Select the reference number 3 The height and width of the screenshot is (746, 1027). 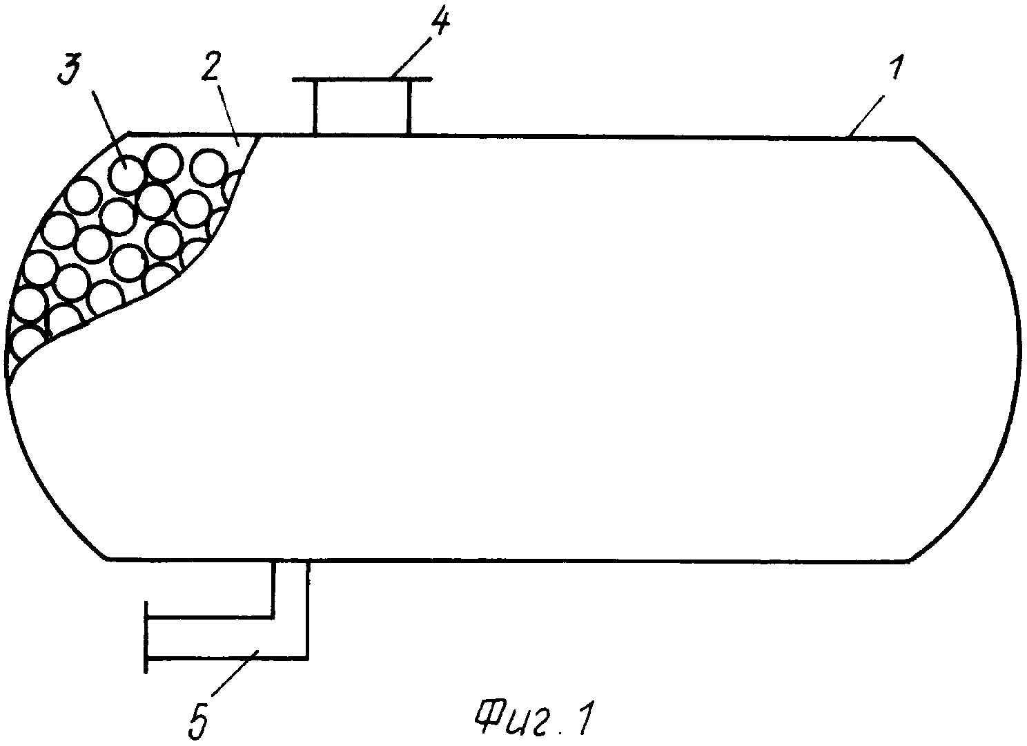[x=70, y=68]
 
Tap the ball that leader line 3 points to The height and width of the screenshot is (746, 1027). [x=126, y=173]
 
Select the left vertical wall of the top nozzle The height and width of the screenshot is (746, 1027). [x=315, y=108]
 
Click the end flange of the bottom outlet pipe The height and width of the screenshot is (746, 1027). [x=146, y=637]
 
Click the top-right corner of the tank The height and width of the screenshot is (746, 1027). [x=914, y=137]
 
